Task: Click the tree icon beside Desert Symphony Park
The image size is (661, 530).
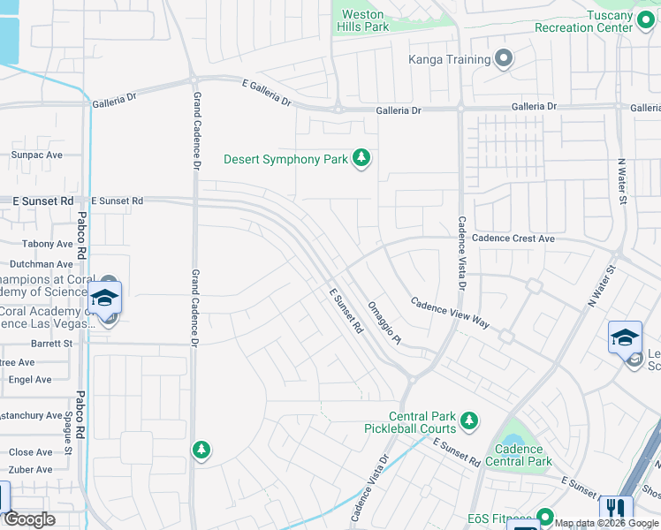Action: (x=361, y=159)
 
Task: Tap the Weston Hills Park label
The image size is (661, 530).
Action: (x=362, y=21)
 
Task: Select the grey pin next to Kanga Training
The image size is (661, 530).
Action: (x=505, y=60)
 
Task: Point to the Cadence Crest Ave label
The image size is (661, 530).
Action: (x=513, y=238)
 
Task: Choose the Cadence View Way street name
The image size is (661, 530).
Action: (x=450, y=313)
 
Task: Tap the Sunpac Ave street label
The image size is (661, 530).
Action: (x=36, y=155)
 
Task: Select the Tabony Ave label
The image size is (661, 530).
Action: (x=48, y=244)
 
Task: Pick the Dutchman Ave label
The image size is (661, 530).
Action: (x=41, y=264)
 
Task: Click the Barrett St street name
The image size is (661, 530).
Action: (x=51, y=344)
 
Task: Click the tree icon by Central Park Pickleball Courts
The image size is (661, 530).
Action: (x=470, y=419)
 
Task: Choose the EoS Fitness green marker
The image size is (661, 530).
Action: (x=545, y=516)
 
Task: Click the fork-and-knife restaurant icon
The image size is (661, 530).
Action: (x=615, y=509)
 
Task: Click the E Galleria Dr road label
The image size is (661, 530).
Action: (x=266, y=93)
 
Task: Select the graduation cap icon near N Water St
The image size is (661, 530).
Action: (x=625, y=337)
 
